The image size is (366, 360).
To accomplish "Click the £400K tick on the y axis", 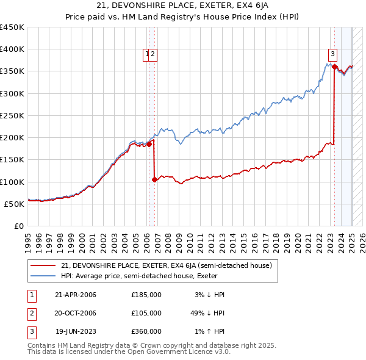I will click(12, 49).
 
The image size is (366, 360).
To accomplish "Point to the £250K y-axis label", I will click(12, 115).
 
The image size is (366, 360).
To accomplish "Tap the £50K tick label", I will click(14, 204).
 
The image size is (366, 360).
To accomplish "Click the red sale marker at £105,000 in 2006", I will click(154, 179).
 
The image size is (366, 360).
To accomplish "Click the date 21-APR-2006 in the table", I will click(76, 295).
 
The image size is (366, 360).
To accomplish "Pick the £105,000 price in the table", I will click(146, 313).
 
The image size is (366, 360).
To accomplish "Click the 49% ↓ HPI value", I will click(207, 313).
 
